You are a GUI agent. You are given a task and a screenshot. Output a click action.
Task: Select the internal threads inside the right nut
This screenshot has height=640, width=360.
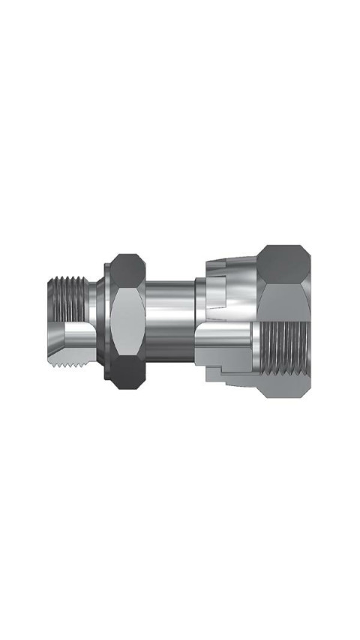(x=289, y=352)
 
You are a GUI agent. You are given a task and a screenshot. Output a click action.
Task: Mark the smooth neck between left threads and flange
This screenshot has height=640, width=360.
(x=94, y=300)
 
